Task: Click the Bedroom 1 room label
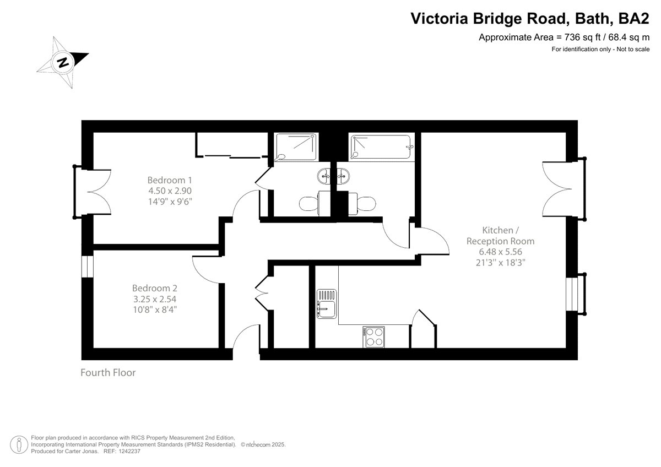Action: pyautogui.click(x=170, y=180)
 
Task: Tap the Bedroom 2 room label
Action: pyautogui.click(x=155, y=288)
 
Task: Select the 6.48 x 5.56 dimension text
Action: pyautogui.click(x=501, y=252)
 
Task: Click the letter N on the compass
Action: pyautogui.click(x=63, y=63)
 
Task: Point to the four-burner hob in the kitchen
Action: pyautogui.click(x=373, y=337)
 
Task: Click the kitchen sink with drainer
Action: pyautogui.click(x=327, y=303)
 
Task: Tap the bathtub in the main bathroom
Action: pyautogui.click(x=381, y=147)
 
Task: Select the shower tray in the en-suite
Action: pyautogui.click(x=296, y=147)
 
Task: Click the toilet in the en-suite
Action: pyautogui.click(x=314, y=203)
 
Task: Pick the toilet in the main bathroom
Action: pyautogui.click(x=362, y=203)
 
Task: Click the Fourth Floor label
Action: pyautogui.click(x=108, y=373)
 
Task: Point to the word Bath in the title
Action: pyautogui.click(x=592, y=18)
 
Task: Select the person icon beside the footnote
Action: pyautogui.click(x=19, y=444)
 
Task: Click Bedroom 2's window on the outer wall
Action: pyautogui.click(x=88, y=267)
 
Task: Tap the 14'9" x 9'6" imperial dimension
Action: pyautogui.click(x=170, y=202)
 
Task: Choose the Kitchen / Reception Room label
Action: pyautogui.click(x=501, y=235)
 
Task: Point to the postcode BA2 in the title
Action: pyautogui.click(x=634, y=18)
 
